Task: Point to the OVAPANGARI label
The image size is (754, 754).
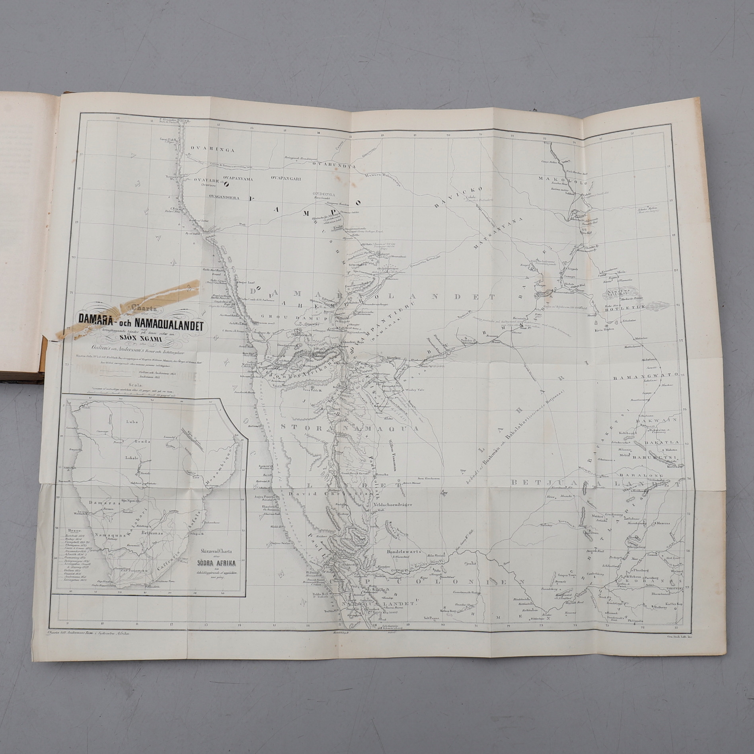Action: pyautogui.click(x=286, y=179)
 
